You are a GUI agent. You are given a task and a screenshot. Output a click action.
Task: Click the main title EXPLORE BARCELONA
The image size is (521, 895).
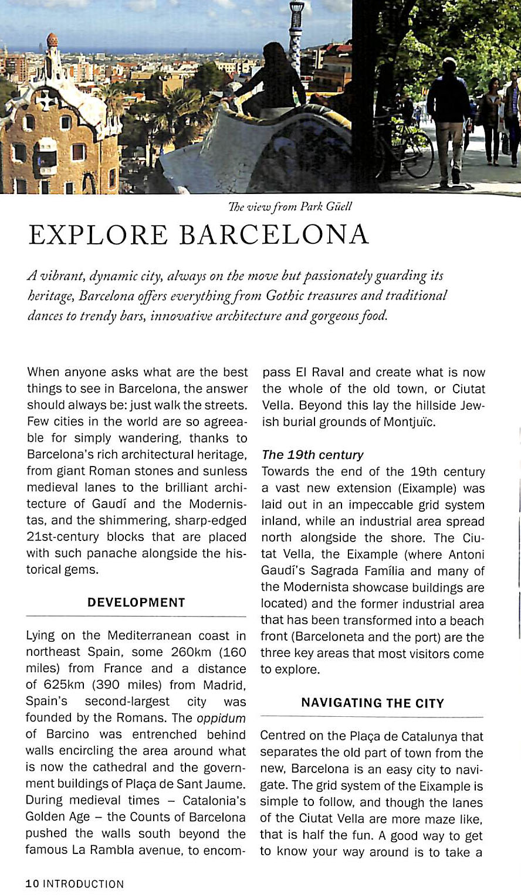[198, 235]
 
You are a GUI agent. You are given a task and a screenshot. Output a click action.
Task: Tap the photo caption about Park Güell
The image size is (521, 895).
[290, 207]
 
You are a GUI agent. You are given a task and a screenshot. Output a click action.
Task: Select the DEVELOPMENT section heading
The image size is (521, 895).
[136, 603]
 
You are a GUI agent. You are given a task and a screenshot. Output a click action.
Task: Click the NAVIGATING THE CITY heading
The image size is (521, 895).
[372, 703]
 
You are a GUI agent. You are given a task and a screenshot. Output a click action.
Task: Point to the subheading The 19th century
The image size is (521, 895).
[313, 455]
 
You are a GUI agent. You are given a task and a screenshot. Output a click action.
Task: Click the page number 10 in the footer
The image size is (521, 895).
[32, 884]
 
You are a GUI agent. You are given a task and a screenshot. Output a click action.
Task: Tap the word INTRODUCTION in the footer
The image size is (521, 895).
[83, 884]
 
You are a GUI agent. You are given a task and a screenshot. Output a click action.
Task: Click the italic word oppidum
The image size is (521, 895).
[221, 718]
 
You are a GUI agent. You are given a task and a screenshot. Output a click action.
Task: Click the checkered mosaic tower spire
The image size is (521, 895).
[296, 35]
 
